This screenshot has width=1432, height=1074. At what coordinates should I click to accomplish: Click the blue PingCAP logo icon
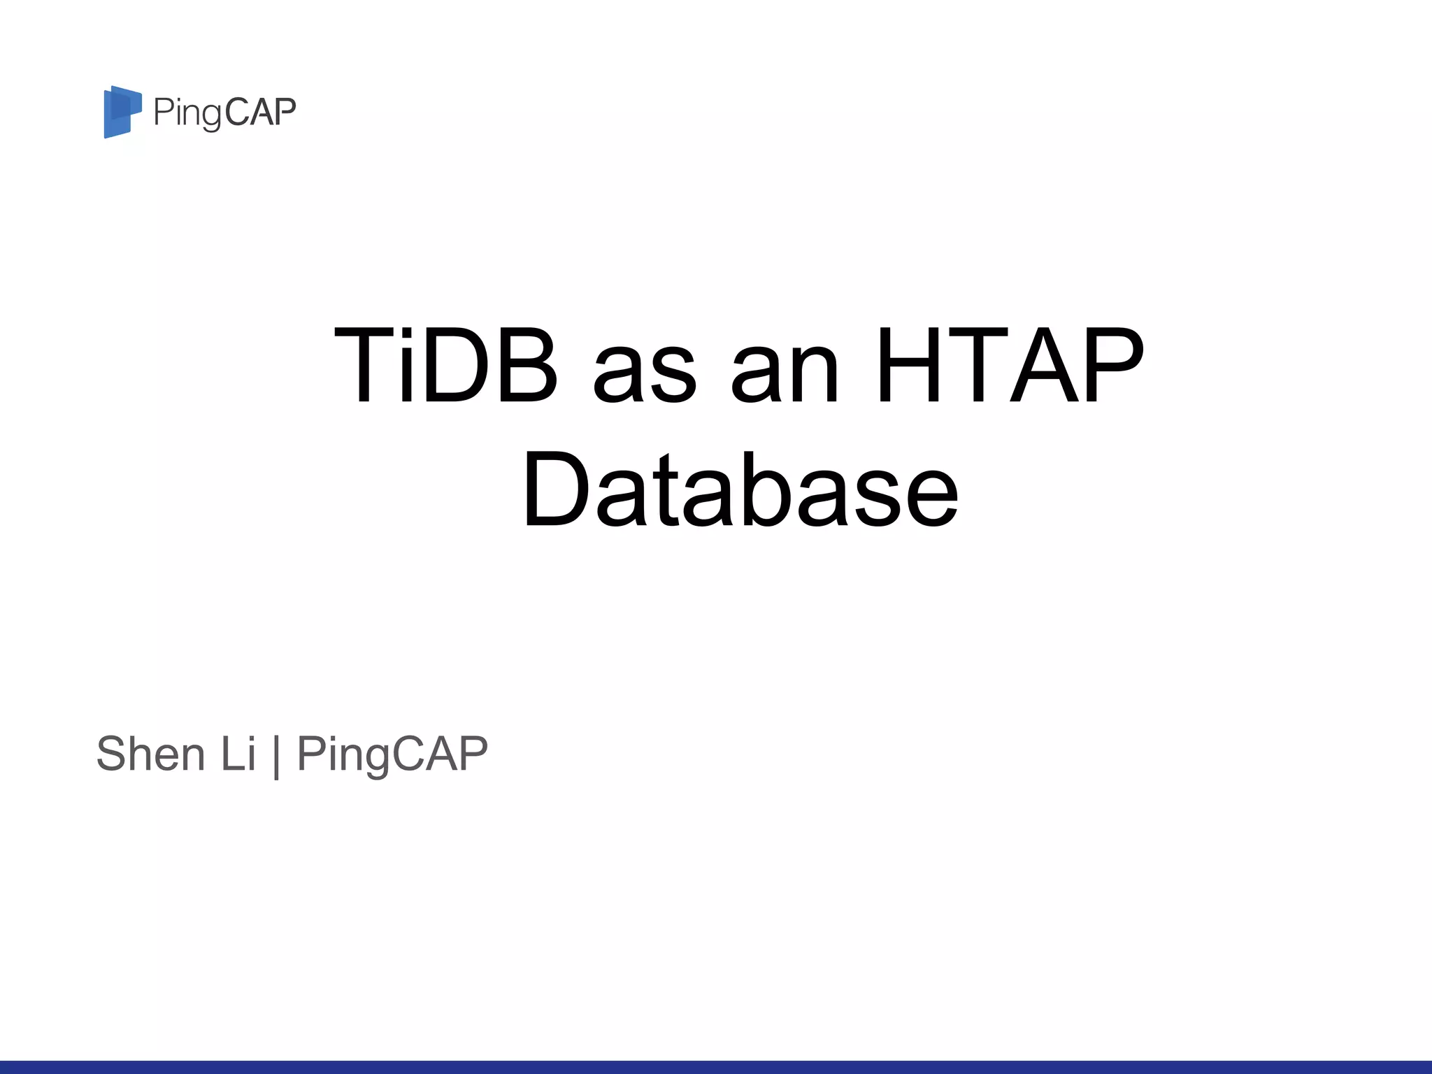[122, 112]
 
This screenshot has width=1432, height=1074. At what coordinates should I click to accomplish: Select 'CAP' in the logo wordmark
[261, 112]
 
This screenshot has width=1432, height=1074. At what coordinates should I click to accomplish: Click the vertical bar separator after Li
[277, 755]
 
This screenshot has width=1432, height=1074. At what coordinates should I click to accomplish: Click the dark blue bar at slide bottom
[716, 1067]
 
